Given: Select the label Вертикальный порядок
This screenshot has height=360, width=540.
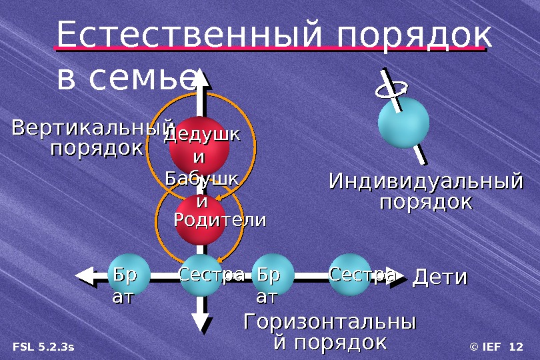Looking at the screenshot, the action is pyautogui.click(x=92, y=137).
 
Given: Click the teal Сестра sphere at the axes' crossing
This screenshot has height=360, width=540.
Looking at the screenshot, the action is pyautogui.click(x=201, y=275).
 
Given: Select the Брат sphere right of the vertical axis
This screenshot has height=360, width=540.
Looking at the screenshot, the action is pyautogui.click(x=273, y=275).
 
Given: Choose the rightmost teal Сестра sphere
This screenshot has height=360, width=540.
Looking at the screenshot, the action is pyautogui.click(x=351, y=274).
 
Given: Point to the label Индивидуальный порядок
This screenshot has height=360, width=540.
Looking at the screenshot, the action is pyautogui.click(x=426, y=191).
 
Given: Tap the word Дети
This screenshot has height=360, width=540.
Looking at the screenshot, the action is pyautogui.click(x=441, y=277).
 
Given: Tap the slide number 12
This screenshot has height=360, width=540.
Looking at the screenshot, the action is pyautogui.click(x=515, y=347).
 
